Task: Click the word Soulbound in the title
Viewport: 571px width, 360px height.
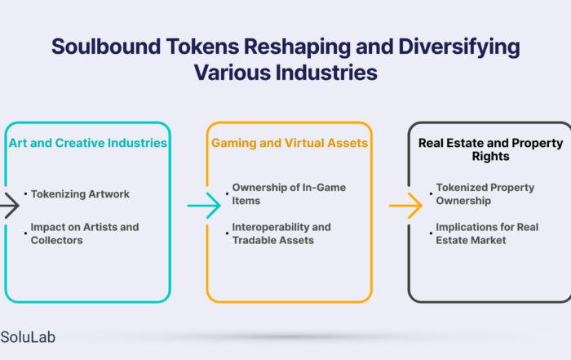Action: point(106,47)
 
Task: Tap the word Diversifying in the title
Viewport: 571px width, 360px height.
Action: point(458,47)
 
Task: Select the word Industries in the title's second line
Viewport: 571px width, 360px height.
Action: point(326,72)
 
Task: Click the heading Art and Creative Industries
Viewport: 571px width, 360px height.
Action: point(88,143)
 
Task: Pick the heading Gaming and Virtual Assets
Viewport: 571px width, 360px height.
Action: point(290,143)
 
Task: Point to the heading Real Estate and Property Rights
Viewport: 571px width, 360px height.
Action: point(490,149)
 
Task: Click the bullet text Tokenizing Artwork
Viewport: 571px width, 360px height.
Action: point(80,194)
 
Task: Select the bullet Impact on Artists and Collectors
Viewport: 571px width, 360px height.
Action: point(85,233)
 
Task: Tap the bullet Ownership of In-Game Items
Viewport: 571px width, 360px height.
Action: point(289,193)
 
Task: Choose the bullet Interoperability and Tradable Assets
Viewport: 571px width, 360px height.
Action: point(281,233)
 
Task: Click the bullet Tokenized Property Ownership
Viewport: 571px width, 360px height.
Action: point(485,193)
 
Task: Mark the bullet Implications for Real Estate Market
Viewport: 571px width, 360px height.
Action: point(487,233)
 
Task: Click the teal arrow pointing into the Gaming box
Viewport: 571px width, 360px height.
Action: point(204,206)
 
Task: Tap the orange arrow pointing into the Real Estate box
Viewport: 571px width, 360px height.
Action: point(405,206)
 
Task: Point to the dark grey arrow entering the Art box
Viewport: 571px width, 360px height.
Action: point(10,206)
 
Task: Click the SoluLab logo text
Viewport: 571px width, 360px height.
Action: point(28,337)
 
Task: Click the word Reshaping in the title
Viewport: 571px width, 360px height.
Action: point(297,47)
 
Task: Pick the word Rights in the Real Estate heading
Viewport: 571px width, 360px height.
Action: point(490,156)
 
